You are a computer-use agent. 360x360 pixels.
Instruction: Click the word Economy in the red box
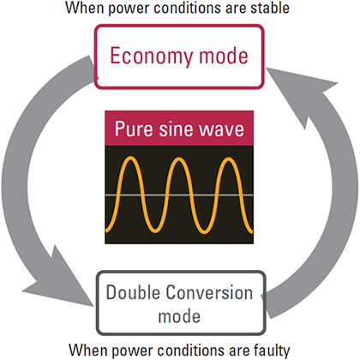tap(151, 57)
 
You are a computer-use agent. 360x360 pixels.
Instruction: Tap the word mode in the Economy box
tap(224, 56)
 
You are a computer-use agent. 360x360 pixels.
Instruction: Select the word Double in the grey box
tap(133, 292)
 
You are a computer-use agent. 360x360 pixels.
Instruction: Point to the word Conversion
tap(210, 293)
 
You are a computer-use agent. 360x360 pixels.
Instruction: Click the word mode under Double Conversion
tap(179, 316)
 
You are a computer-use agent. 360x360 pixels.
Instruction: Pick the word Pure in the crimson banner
tap(134, 129)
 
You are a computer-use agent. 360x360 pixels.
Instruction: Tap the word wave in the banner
tap(221, 130)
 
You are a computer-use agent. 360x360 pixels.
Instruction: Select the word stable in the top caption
tap(270, 8)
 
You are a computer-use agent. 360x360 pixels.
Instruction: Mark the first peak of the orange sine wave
tap(130, 158)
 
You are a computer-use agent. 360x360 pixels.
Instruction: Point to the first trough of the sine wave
tap(154, 231)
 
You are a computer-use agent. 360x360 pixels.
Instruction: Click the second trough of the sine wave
tap(204, 231)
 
